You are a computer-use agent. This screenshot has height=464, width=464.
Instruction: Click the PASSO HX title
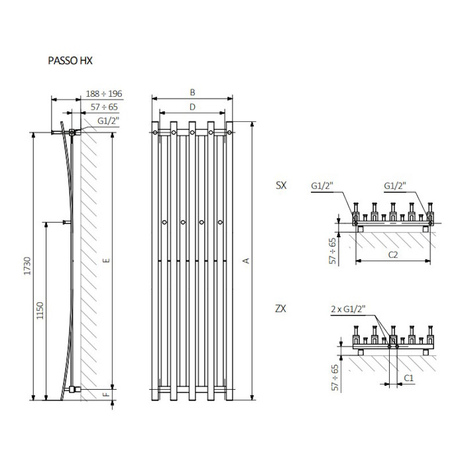click(x=70, y=61)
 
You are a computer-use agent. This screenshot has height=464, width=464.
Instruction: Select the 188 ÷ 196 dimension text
click(x=104, y=94)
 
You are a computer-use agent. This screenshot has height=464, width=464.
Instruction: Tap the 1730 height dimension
click(x=27, y=266)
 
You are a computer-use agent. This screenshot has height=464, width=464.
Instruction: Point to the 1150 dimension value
click(x=39, y=310)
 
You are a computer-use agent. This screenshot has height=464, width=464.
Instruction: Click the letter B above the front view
click(x=193, y=92)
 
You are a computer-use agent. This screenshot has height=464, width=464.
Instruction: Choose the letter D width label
click(x=193, y=107)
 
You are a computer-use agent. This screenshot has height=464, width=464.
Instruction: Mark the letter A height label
click(x=246, y=260)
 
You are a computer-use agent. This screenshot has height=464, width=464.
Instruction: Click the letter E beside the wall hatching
click(x=107, y=260)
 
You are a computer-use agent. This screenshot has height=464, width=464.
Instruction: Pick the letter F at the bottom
click(x=107, y=394)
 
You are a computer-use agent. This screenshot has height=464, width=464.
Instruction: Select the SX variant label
click(x=281, y=186)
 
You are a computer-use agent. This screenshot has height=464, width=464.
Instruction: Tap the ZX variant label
click(x=281, y=309)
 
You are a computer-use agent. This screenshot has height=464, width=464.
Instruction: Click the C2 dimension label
click(x=393, y=255)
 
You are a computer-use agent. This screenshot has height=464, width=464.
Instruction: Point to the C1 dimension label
click(x=408, y=378)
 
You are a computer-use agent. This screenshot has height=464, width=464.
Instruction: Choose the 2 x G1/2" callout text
click(x=349, y=309)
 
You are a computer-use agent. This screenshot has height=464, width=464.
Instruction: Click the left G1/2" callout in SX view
click(x=322, y=186)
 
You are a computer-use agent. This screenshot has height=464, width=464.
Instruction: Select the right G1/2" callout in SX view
click(x=395, y=186)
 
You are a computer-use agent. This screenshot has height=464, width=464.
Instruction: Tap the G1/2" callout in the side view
click(x=108, y=121)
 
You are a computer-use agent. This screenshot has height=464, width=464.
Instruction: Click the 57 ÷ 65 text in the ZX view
click(x=335, y=378)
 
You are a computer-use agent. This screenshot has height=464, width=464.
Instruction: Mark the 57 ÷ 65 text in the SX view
click(x=332, y=251)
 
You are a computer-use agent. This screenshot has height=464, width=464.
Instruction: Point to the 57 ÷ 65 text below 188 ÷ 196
click(x=104, y=107)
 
